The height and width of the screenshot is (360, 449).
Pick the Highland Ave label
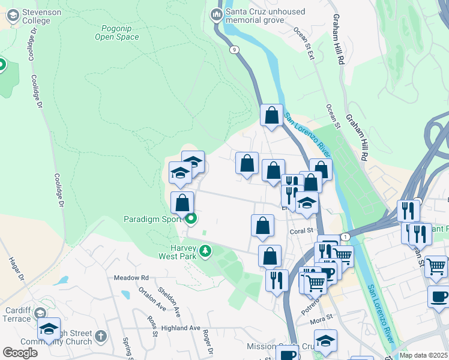pos(180,328)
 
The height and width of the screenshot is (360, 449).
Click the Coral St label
pos(302,230)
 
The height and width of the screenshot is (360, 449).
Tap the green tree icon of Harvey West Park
pos(205,250)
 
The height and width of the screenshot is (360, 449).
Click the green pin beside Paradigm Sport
pos(191,219)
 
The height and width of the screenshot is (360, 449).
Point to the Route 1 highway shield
pos(345,237)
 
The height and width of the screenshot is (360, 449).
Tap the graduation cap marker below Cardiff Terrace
pos(49,328)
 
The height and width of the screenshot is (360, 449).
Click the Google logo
pos(20,353)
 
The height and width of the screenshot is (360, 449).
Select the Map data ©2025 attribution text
pos(423,355)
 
